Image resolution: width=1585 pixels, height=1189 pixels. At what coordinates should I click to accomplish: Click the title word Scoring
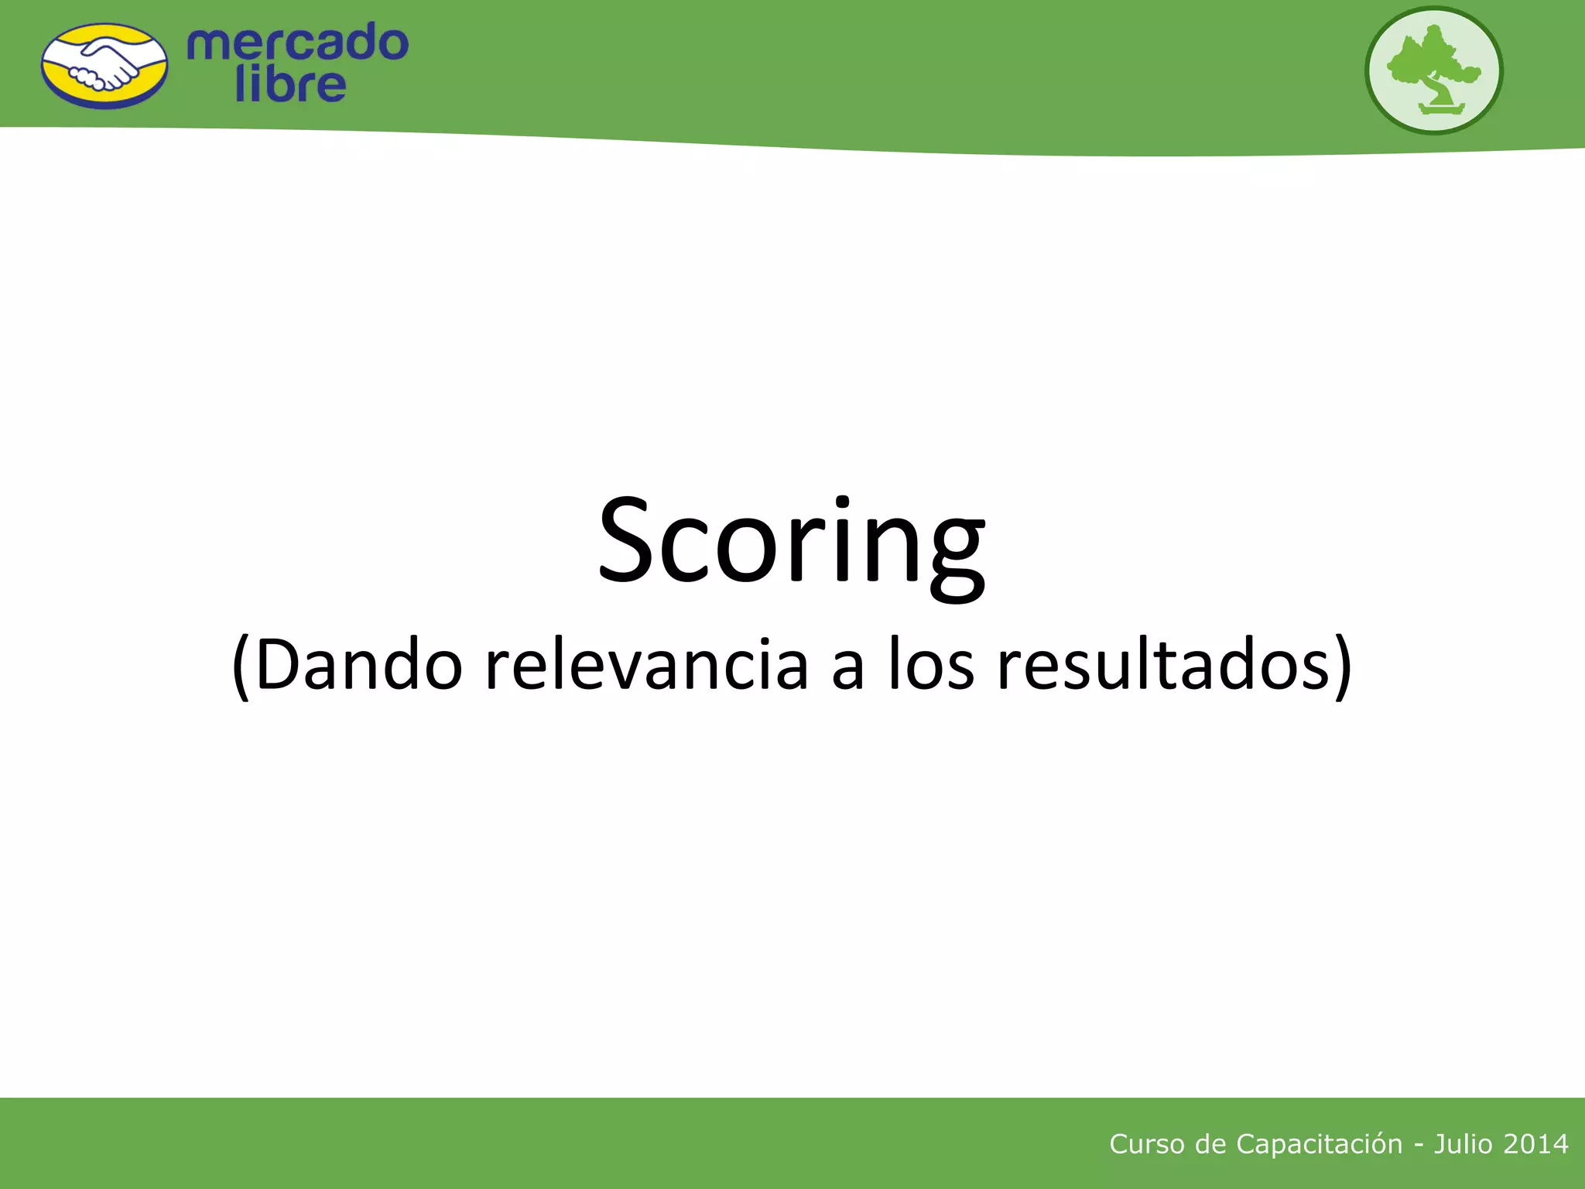click(x=791, y=542)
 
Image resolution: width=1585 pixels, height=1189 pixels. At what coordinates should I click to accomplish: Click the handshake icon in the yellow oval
click(x=104, y=67)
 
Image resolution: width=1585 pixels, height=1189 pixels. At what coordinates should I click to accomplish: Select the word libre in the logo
click(x=290, y=85)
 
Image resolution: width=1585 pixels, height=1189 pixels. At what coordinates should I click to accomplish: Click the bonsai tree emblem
click(x=1433, y=70)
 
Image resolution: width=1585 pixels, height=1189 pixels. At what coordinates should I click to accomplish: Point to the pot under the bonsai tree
click(x=1442, y=109)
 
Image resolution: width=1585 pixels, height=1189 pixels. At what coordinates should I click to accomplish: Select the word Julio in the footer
click(x=1463, y=1144)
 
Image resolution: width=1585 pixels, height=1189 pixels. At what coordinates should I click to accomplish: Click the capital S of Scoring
click(x=627, y=540)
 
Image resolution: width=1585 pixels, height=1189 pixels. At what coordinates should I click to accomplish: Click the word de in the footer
click(x=1210, y=1144)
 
